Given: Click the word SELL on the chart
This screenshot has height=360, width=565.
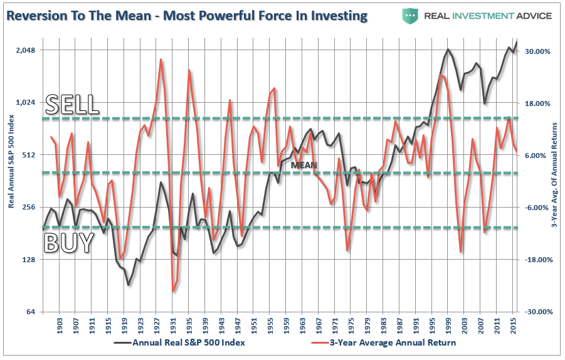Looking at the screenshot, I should pos(72,104).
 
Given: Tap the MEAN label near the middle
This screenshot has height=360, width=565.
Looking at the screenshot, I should pos(304,166).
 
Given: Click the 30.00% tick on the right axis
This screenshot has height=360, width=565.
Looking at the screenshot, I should pos(537,51).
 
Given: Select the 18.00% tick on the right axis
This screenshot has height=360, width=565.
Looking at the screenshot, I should pos(537,103).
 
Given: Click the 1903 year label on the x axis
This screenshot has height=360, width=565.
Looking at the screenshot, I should pos(60,326).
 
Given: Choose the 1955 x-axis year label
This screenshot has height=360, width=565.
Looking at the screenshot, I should pos(270,326).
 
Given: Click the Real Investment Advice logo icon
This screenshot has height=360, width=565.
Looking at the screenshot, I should pos(411,15).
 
